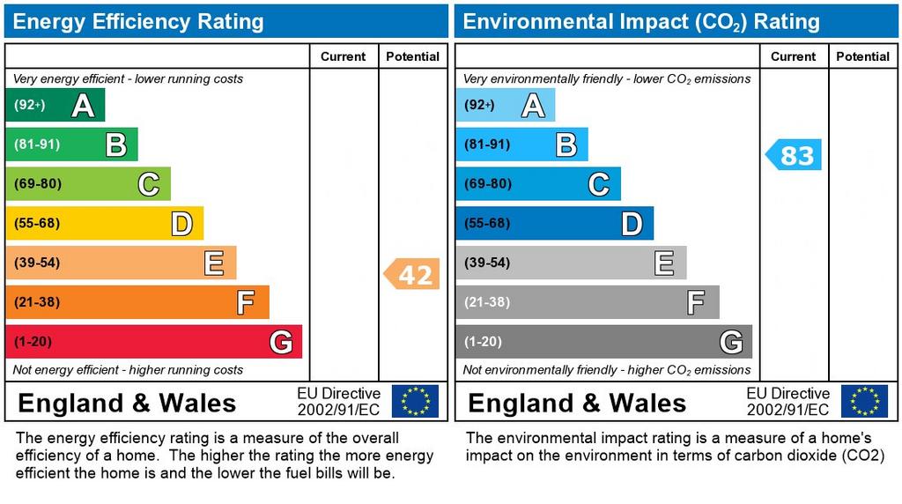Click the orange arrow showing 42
pyautogui.click(x=412, y=275)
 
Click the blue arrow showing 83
pyautogui.click(x=795, y=155)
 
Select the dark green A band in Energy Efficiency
pyautogui.click(x=55, y=106)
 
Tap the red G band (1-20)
pyautogui.click(x=153, y=342)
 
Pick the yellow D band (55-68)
pyautogui.click(x=104, y=224)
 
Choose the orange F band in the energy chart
pyautogui.click(x=137, y=302)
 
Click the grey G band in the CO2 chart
pyautogui.click(x=603, y=342)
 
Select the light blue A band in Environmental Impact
pyautogui.click(x=505, y=106)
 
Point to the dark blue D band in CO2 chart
pyautogui.click(x=554, y=224)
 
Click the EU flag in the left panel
pyautogui.click(x=415, y=401)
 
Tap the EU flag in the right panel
pyautogui.click(x=864, y=401)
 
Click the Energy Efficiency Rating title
pyautogui.click(x=138, y=21)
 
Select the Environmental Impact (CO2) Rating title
pyautogui.click(x=641, y=21)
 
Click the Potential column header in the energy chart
pyautogui.click(x=412, y=56)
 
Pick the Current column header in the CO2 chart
pyautogui.click(x=793, y=56)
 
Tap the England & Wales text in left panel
pyautogui.click(x=127, y=404)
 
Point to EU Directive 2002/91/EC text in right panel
pyautogui.click(x=788, y=402)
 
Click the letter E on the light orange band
pyautogui.click(x=214, y=263)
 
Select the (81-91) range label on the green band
pyautogui.click(x=36, y=145)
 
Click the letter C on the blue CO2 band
pyautogui.click(x=598, y=184)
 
